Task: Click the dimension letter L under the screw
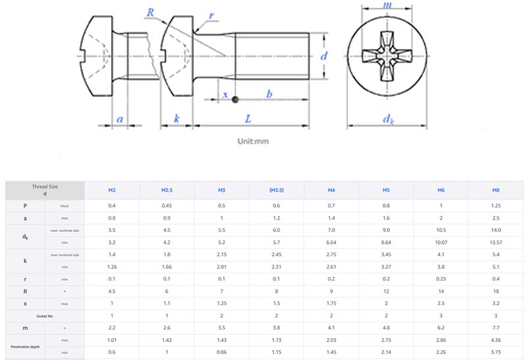pos(247,119)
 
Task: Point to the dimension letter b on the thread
pos(269,94)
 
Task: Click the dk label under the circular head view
pos(389,120)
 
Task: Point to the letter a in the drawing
pos(119,119)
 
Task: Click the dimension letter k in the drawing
pos(177,119)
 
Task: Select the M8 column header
pos(495,191)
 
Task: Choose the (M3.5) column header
pos(276,191)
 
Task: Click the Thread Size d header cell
pos(45,191)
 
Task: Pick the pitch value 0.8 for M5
pos(385,206)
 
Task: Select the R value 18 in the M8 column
pos(495,290)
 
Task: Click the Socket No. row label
pos(45,316)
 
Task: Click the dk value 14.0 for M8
pos(495,230)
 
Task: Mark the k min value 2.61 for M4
pos(331,266)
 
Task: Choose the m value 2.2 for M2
pos(112,328)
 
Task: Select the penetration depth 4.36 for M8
pos(495,340)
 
